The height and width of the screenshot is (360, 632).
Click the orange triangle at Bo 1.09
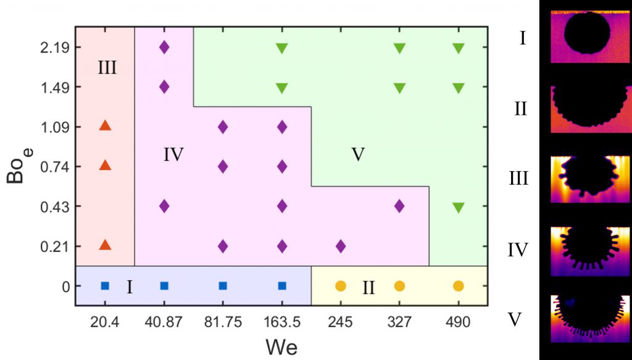[105, 126]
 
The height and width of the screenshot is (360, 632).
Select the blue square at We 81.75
[223, 286]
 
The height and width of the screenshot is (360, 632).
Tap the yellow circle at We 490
[459, 286]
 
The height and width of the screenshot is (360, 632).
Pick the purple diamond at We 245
[341, 246]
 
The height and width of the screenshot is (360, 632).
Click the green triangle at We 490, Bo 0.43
[459, 207]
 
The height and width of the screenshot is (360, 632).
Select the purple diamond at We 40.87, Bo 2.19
[164, 47]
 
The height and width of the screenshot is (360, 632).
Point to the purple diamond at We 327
[399, 206]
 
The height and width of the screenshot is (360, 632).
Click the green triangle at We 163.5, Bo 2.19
[282, 48]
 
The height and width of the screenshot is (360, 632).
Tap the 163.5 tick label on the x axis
[281, 322]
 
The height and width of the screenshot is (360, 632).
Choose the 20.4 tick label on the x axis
[105, 322]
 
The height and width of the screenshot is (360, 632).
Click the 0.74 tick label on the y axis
[53, 167]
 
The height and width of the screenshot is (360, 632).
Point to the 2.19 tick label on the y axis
[53, 48]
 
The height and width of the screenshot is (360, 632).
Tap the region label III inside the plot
[107, 68]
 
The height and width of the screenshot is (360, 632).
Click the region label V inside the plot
[357, 154]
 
